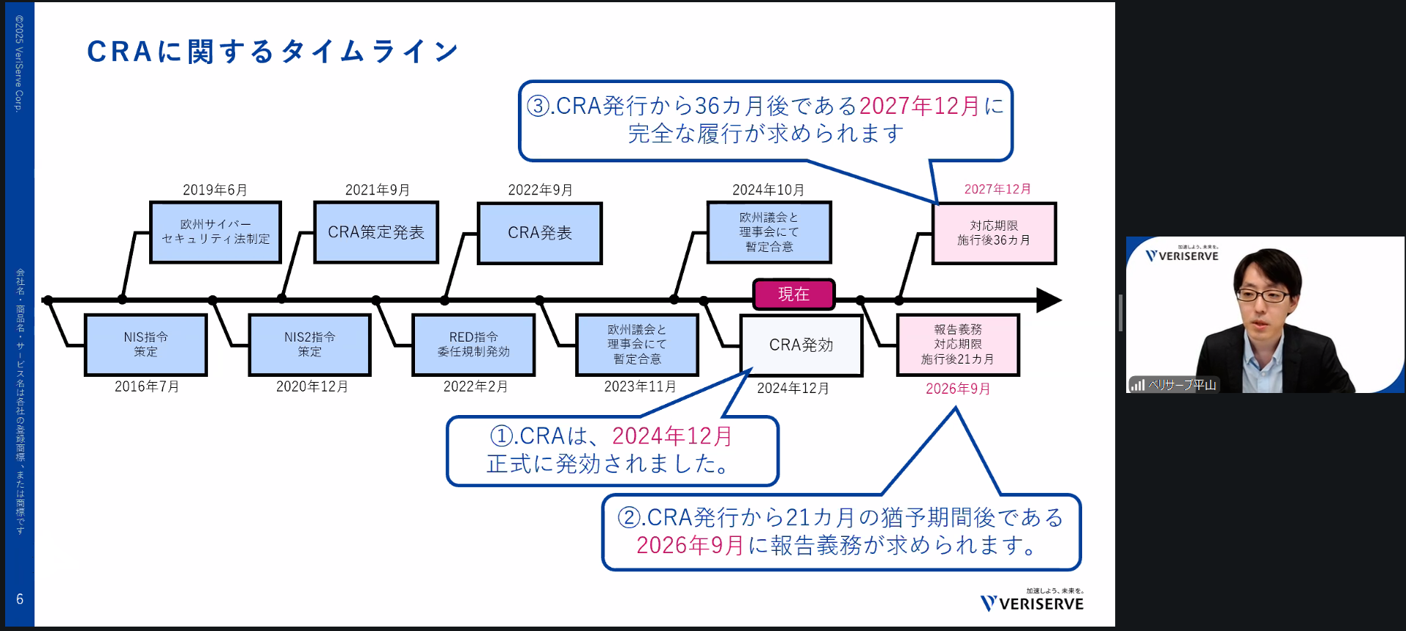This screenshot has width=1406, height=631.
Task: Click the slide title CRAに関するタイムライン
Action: pyautogui.click(x=273, y=51)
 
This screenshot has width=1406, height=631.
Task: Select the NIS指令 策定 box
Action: pyautogui.click(x=145, y=345)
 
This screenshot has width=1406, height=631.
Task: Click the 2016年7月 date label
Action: pyautogui.click(x=147, y=386)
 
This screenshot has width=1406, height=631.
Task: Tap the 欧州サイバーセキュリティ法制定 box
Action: pyautogui.click(x=215, y=232)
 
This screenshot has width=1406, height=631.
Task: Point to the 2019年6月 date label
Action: pyautogui.click(x=214, y=190)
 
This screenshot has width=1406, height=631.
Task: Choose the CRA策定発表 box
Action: pyautogui.click(x=376, y=232)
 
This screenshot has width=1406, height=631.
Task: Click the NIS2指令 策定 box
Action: pyautogui.click(x=309, y=345)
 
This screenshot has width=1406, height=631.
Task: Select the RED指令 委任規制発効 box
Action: pyautogui.click(x=473, y=345)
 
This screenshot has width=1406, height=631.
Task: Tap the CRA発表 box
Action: pyautogui.click(x=540, y=233)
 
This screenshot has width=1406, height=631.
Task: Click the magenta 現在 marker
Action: pyautogui.click(x=793, y=295)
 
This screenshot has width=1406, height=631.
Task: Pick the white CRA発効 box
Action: pyautogui.click(x=801, y=345)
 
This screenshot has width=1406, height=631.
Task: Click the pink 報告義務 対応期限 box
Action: pyautogui.click(x=958, y=345)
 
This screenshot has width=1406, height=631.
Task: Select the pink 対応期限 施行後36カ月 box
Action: pyautogui.click(x=994, y=233)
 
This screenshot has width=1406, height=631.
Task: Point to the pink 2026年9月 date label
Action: pyautogui.click(x=958, y=389)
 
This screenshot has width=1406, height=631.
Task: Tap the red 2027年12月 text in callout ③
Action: pyautogui.click(x=919, y=106)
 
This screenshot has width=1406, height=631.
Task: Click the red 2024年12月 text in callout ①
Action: pyautogui.click(x=671, y=436)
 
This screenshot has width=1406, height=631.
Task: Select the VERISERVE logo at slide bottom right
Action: pyautogui.click(x=1032, y=602)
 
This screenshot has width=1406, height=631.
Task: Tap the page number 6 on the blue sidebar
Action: pyautogui.click(x=20, y=599)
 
